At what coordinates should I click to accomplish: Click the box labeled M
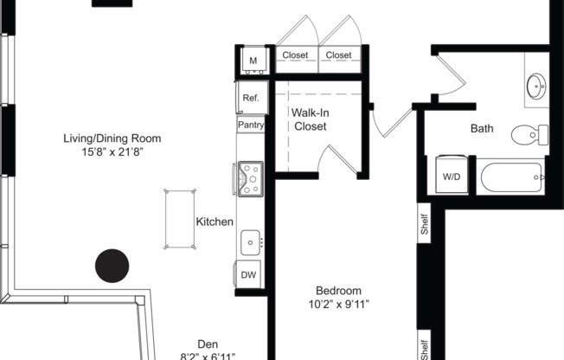(253, 61)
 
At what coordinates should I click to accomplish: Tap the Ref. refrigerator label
(251, 98)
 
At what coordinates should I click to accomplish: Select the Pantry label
(251, 125)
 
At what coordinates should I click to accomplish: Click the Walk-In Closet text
(309, 119)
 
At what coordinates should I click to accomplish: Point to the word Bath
(482, 129)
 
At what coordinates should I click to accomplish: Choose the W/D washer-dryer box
(452, 176)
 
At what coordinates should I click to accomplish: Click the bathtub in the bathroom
(510, 177)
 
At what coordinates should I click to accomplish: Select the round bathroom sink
(536, 87)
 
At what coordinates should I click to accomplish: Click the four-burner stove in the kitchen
(250, 177)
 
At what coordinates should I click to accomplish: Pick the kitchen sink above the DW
(250, 242)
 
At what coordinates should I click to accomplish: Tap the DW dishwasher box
(248, 274)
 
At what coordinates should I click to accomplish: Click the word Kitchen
(215, 222)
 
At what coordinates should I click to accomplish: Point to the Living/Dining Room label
(112, 138)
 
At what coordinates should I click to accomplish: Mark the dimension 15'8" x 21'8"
(112, 151)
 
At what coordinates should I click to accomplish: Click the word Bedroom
(338, 290)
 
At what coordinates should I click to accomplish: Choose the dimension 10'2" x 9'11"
(338, 304)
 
